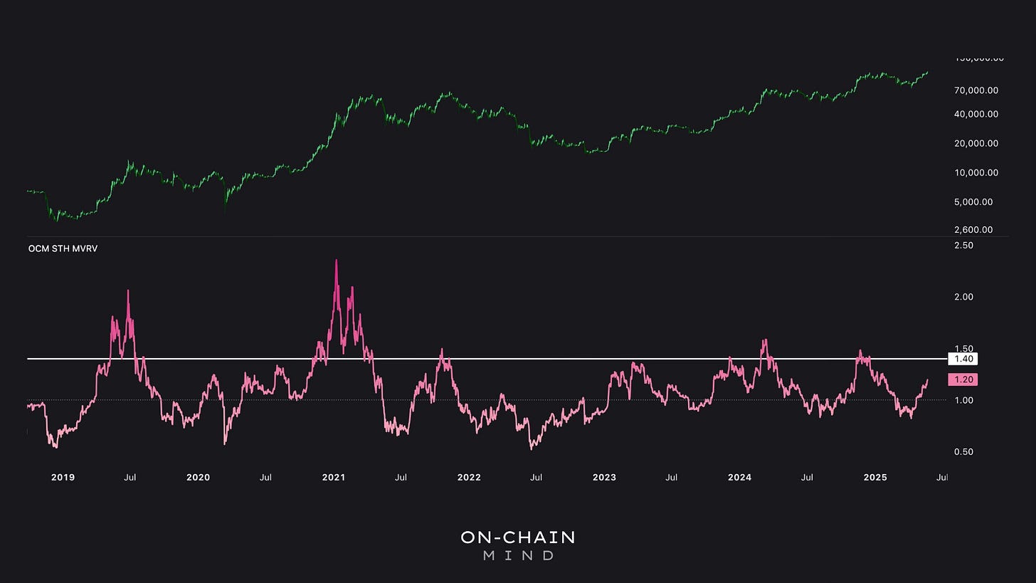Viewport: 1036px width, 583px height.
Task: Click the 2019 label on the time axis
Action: (x=63, y=478)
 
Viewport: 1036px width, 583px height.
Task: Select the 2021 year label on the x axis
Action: (x=334, y=478)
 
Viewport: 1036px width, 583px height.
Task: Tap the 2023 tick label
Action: (x=604, y=478)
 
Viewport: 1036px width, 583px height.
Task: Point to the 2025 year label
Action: (x=875, y=478)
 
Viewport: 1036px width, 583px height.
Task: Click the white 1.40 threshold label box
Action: (x=963, y=359)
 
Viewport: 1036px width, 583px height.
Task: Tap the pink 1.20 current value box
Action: (x=963, y=379)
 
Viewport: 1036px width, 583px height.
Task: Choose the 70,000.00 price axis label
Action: (x=976, y=90)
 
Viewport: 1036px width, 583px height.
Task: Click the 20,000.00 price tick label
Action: (x=976, y=143)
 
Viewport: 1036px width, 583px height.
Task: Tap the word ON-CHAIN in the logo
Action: (x=517, y=537)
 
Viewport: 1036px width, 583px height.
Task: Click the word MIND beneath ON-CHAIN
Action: (x=517, y=555)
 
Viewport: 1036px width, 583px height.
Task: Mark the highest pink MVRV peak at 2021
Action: (x=337, y=261)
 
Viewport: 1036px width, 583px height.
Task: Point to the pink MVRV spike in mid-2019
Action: (x=128, y=291)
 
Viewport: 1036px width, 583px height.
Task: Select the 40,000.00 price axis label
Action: (x=976, y=114)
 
